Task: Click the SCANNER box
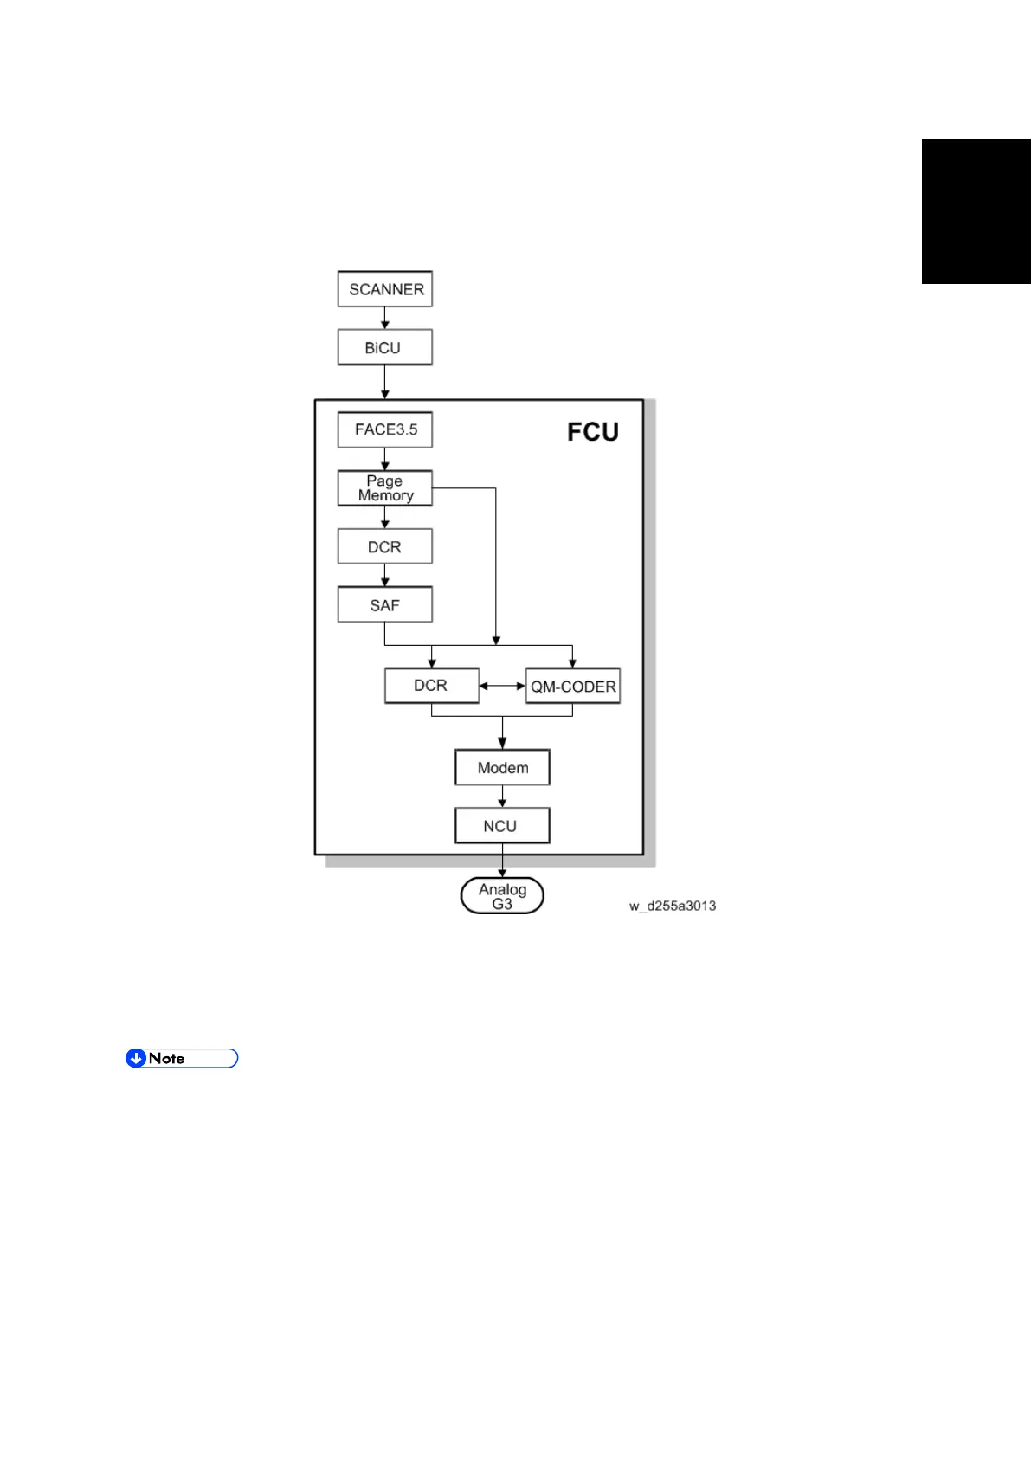385,289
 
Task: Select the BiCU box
385,347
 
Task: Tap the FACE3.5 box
385,429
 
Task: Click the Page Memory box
385,488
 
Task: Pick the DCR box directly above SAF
385,547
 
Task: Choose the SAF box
385,605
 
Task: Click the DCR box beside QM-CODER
432,686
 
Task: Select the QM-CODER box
573,687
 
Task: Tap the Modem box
503,768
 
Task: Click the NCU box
502,826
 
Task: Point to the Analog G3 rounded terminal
502,896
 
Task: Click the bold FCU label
593,432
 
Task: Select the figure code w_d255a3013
673,906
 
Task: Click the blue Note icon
136,1058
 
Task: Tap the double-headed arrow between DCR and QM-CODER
502,686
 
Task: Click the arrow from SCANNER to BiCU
385,318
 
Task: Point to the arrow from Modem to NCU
502,797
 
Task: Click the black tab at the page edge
976,211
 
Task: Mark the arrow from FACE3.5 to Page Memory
385,459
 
